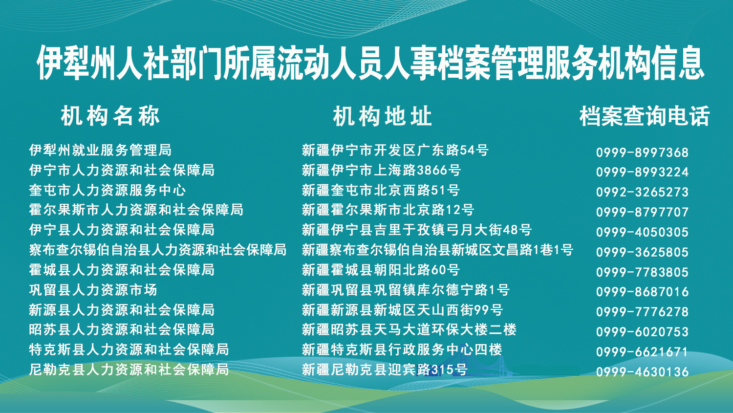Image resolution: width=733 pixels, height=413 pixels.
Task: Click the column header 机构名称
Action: pos(110,116)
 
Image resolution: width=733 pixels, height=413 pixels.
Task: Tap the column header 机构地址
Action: pos(382,116)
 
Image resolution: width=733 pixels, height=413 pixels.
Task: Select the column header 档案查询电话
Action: pos(645,116)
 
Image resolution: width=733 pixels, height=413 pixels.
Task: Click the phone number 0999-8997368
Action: pos(643,152)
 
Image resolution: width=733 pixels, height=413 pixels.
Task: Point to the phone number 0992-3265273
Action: pos(643,192)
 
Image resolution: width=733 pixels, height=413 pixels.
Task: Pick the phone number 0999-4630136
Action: pos(643,372)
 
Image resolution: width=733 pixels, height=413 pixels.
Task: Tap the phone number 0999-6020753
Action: pos(643,332)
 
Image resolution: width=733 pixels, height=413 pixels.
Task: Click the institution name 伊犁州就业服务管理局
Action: pos(100,150)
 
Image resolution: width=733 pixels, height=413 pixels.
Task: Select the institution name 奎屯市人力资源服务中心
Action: pos(108,190)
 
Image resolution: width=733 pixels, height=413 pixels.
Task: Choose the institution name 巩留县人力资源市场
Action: pos(93,290)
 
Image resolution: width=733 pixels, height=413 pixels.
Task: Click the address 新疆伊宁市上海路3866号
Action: pos(381,170)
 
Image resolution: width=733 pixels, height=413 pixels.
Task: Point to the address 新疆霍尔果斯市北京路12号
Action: pos(388,210)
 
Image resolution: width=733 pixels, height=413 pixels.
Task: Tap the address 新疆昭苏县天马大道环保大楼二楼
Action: pos(409,329)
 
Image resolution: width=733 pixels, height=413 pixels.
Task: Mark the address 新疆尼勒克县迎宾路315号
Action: pos(385,370)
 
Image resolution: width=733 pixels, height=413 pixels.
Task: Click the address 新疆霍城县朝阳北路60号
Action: pos(381,270)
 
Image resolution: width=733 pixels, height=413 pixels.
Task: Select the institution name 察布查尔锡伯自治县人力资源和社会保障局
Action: pos(158,250)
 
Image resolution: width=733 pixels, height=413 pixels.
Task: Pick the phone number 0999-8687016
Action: pos(643,292)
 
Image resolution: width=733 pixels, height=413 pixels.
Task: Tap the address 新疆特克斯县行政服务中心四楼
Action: pos(402,349)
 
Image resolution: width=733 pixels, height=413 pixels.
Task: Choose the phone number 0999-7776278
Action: pos(643,312)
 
